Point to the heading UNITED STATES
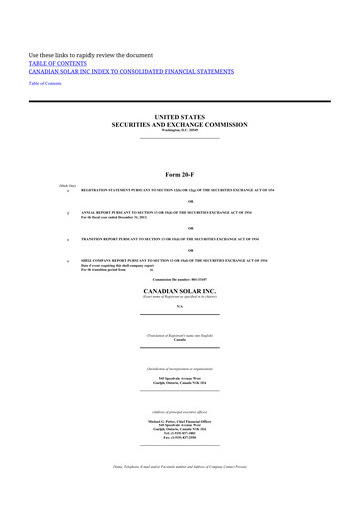(180, 116)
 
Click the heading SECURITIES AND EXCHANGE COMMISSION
(180, 124)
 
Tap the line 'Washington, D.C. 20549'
(180, 130)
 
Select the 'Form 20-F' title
(180, 175)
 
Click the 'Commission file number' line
(180, 279)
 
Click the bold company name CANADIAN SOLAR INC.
(180, 290)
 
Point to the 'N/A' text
(180, 307)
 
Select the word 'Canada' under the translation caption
(180, 340)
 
